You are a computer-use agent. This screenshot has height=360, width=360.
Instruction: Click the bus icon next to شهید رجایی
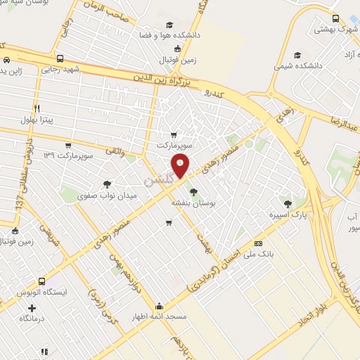tap(60, 59)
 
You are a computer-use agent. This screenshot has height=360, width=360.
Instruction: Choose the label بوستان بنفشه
tap(192, 202)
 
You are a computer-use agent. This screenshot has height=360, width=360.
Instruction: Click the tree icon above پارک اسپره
tap(287, 202)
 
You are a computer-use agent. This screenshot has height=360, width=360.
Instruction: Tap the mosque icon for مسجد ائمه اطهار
tap(160, 307)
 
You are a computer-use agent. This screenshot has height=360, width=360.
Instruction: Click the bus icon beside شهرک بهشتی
tap(335, 19)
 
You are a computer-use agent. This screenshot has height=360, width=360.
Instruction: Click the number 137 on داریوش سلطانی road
tap(20, 201)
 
